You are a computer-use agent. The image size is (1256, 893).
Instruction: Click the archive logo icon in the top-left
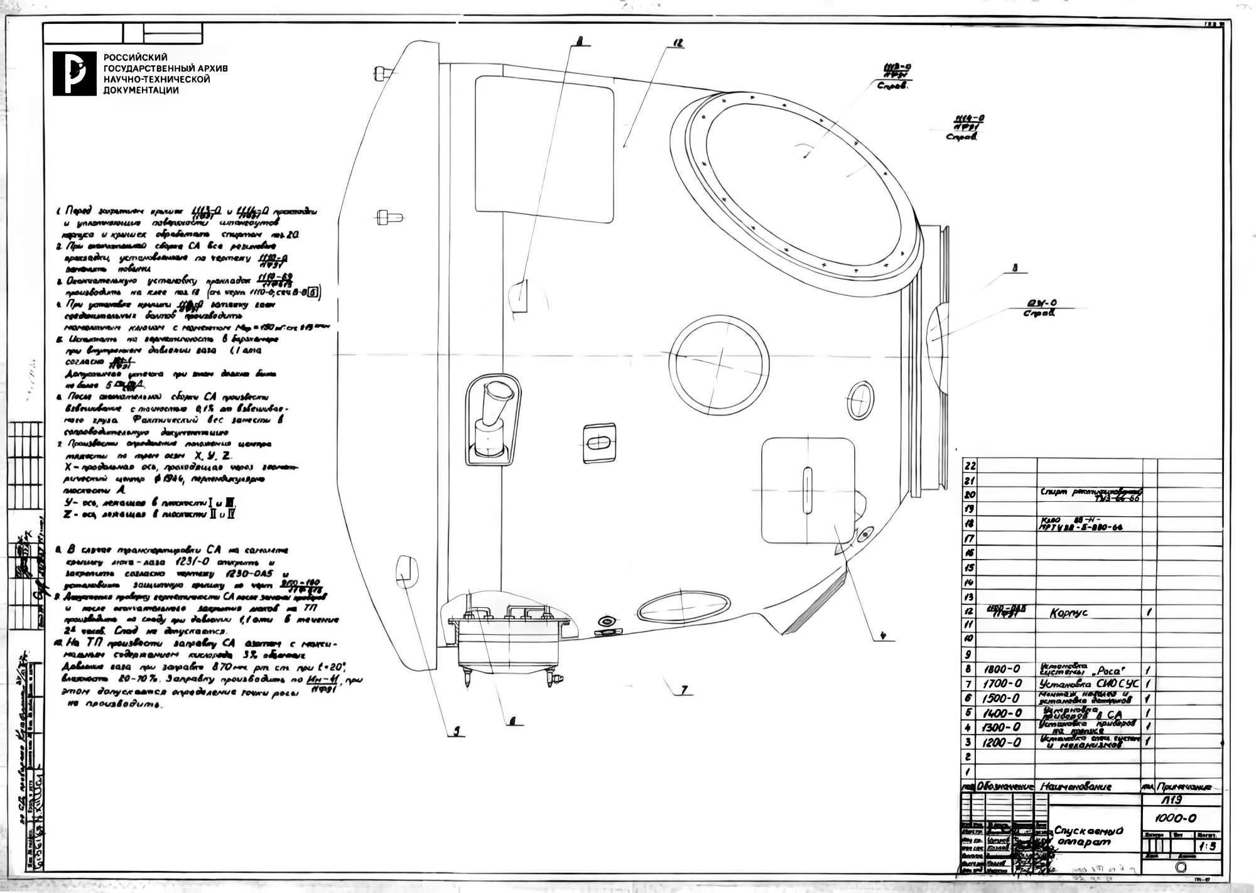click(x=74, y=73)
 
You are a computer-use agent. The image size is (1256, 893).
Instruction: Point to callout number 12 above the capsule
click(x=678, y=44)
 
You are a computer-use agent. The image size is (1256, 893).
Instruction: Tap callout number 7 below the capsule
click(x=684, y=690)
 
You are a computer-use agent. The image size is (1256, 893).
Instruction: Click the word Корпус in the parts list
click(x=1068, y=613)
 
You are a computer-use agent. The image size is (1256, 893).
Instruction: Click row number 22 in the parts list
click(x=970, y=466)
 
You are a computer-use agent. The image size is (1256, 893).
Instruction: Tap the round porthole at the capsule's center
click(x=719, y=364)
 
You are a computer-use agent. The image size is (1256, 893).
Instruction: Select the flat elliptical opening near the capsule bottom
click(x=684, y=604)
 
